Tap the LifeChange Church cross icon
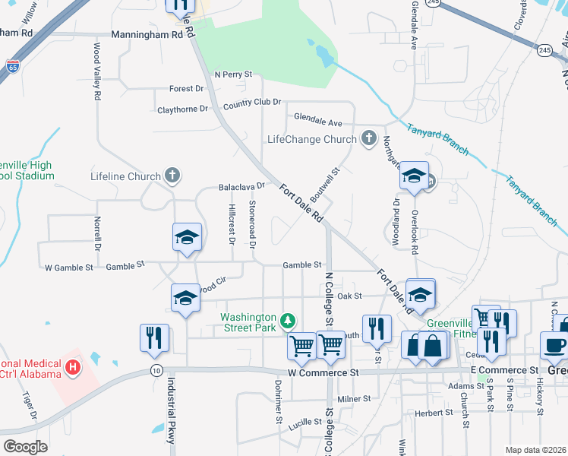[x=368, y=138]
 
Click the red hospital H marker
[x=73, y=369]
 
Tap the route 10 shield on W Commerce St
[x=156, y=370]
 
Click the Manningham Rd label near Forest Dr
[x=147, y=35]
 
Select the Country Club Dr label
[x=252, y=103]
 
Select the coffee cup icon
[x=554, y=345]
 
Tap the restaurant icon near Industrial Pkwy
[x=154, y=337]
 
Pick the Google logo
[x=25, y=446]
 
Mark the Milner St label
[x=353, y=398]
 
